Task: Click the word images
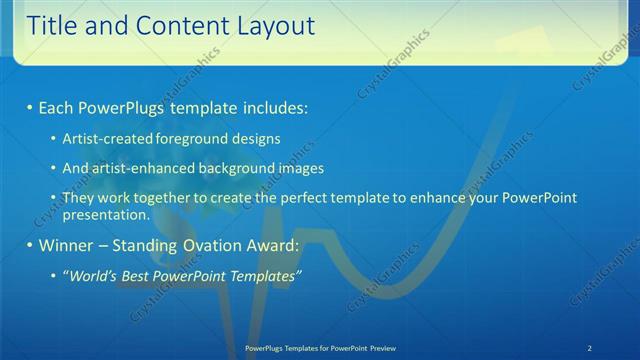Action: (x=301, y=169)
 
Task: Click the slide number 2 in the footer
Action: (x=590, y=347)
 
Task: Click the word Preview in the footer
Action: (x=392, y=347)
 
